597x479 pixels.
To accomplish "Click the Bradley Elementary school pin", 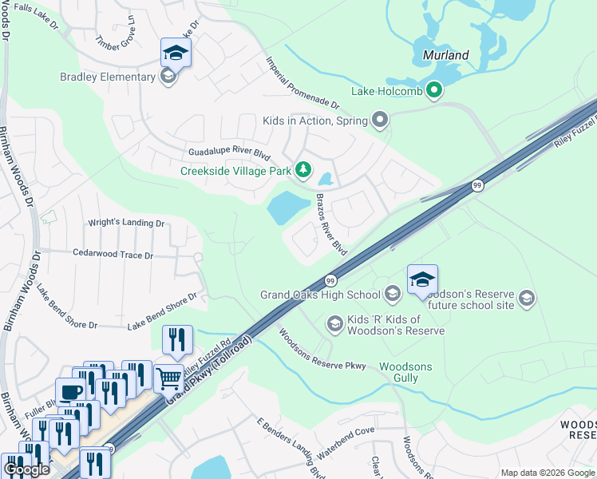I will coord(167,77).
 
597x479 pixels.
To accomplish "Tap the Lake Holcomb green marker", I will coord(434,90).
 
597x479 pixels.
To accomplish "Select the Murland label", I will coord(440,56).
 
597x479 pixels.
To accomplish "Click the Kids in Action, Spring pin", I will coord(380,121).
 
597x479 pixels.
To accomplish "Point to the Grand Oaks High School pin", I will coord(392,295).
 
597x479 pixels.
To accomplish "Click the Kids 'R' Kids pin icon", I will coord(334,323).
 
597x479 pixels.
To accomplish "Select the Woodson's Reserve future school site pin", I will coord(526,299).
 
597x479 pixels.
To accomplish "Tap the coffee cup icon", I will coord(71,391).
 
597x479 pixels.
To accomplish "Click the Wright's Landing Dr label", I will coord(125,224).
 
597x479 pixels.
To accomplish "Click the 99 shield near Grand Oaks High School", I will coord(330,281).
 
